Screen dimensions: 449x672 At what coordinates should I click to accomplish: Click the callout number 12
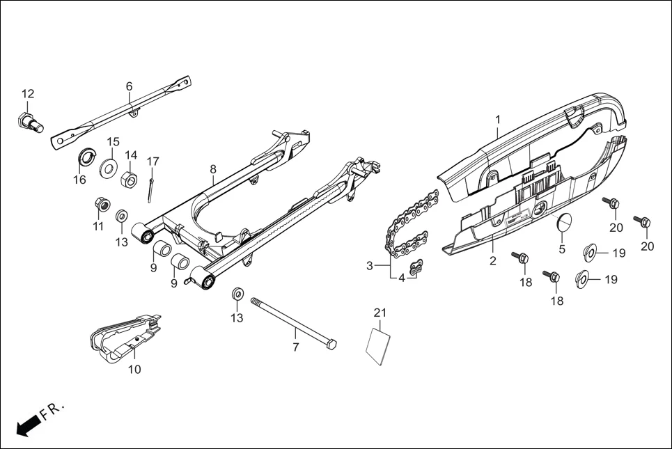point(28,94)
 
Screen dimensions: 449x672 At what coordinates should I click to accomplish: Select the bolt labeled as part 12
point(29,123)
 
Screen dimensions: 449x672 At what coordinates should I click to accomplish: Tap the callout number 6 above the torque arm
point(130,86)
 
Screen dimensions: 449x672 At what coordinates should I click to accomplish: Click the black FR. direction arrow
point(26,425)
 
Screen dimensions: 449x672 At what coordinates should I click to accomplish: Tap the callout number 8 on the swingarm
point(213,169)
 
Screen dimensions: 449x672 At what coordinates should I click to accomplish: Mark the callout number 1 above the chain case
point(498,120)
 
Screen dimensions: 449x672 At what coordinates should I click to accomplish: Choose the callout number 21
point(380,313)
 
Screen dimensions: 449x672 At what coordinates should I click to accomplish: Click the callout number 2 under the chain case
point(492,261)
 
